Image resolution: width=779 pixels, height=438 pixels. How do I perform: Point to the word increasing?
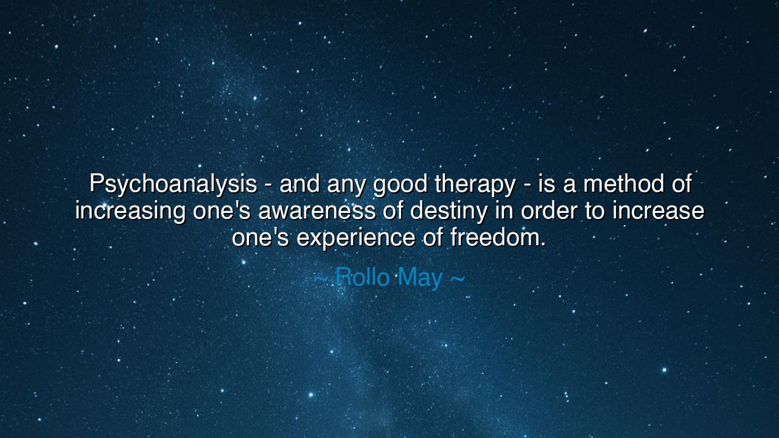coord(130,210)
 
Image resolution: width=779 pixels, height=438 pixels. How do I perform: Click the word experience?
coord(356,237)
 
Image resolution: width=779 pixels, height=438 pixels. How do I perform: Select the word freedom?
coord(498,237)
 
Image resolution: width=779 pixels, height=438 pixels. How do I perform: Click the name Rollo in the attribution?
coord(363,277)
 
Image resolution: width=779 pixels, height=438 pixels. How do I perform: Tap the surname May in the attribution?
coord(421,277)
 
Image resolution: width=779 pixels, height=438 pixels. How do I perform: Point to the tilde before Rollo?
coord(321,278)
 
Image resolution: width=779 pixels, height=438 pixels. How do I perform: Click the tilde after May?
coord(457,278)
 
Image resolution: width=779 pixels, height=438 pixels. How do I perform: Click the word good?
coord(401,184)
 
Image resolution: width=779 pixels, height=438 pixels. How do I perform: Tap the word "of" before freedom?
coord(433,237)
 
